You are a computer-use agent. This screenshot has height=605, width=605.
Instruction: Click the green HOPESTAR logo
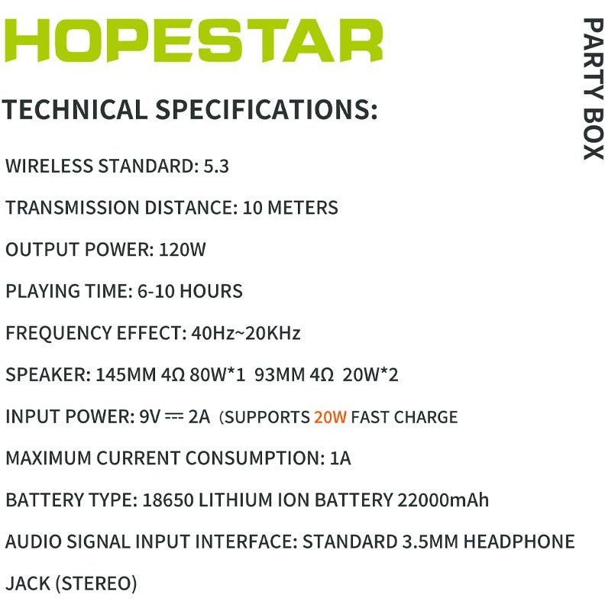coord(193,40)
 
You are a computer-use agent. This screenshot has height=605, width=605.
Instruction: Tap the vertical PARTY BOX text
coord(593,89)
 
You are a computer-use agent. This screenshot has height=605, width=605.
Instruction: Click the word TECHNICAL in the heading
coord(75,109)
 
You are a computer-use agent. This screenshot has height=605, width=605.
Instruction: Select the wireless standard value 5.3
coord(216,167)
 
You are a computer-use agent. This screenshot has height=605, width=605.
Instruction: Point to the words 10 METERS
coord(290,208)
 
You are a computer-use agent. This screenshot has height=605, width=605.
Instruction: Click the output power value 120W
coord(182,250)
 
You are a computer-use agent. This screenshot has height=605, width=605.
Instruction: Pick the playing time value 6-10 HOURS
coord(190,291)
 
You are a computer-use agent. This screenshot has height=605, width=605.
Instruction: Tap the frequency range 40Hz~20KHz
coord(246,333)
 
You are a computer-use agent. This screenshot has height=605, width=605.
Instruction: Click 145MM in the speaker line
coord(125,374)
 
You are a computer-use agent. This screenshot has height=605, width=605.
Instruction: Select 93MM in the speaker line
coord(280,374)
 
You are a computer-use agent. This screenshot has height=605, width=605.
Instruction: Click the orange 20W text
coord(330,417)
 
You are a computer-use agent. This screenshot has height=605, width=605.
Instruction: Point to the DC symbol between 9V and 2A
coord(174,416)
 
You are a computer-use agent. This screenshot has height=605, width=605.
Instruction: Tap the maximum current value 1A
coord(341,458)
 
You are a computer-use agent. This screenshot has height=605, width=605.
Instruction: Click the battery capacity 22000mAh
coord(443,500)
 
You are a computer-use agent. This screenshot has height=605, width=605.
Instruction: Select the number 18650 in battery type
coord(168,500)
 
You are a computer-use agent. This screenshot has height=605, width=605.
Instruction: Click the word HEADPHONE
coord(519,542)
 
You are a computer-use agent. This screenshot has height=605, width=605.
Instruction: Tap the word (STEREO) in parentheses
coord(96,584)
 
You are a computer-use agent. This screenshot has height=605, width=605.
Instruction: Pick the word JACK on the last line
coord(27,584)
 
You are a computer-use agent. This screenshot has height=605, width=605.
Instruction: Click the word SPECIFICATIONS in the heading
coord(267,109)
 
